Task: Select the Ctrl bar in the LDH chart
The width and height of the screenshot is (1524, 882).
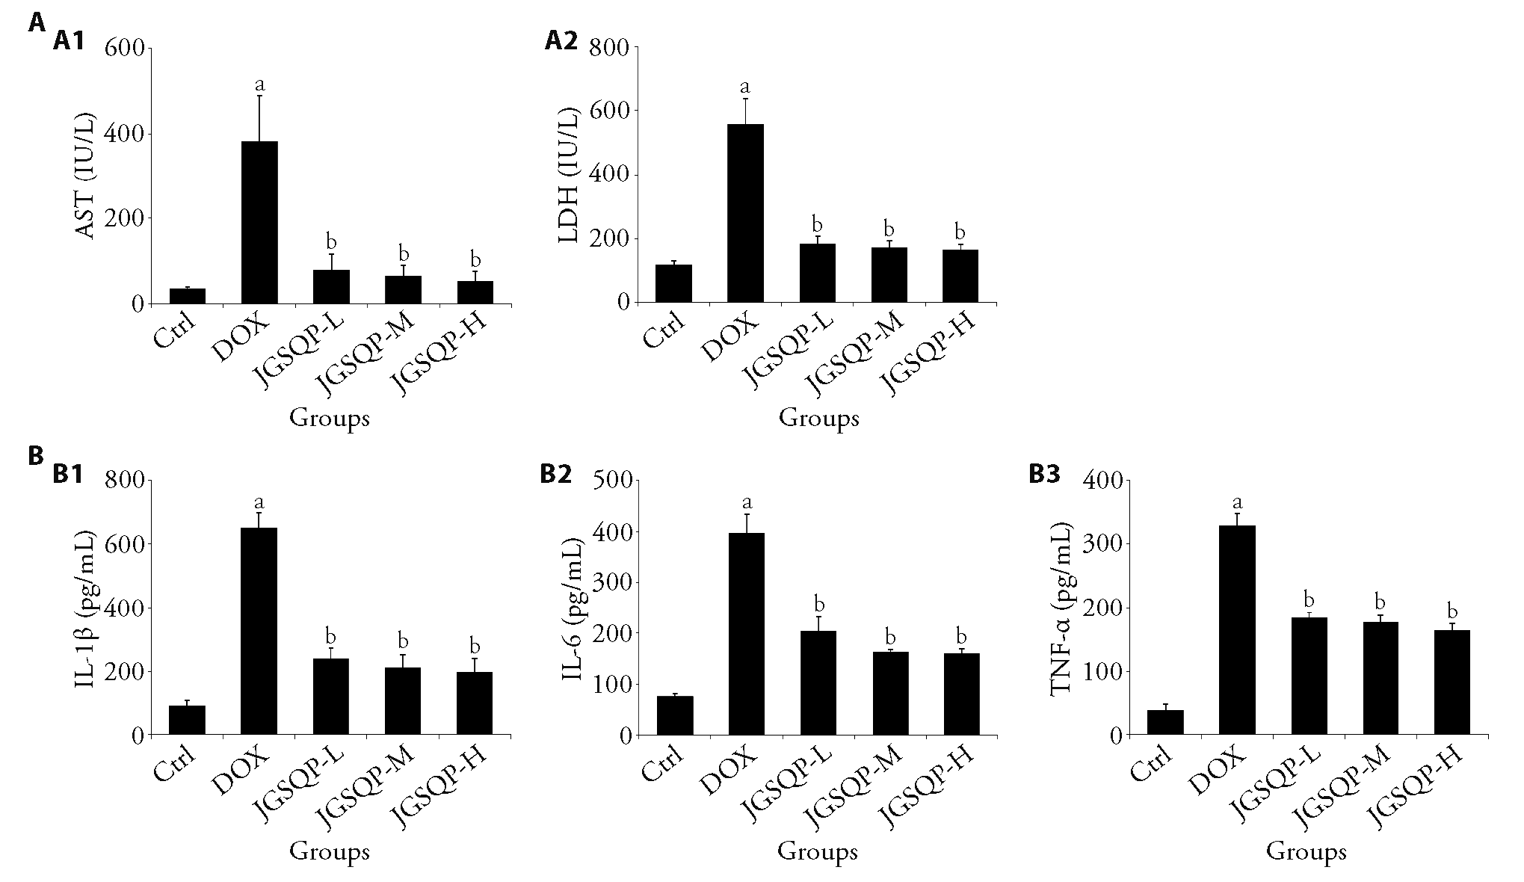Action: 674,283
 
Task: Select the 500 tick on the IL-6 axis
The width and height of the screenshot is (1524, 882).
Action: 612,481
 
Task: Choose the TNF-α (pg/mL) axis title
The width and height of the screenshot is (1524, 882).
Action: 1061,607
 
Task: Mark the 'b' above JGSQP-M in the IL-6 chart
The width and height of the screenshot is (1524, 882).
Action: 889,637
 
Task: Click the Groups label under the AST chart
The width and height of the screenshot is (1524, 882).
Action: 330,418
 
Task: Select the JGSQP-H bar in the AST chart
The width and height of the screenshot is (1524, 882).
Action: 475,292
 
